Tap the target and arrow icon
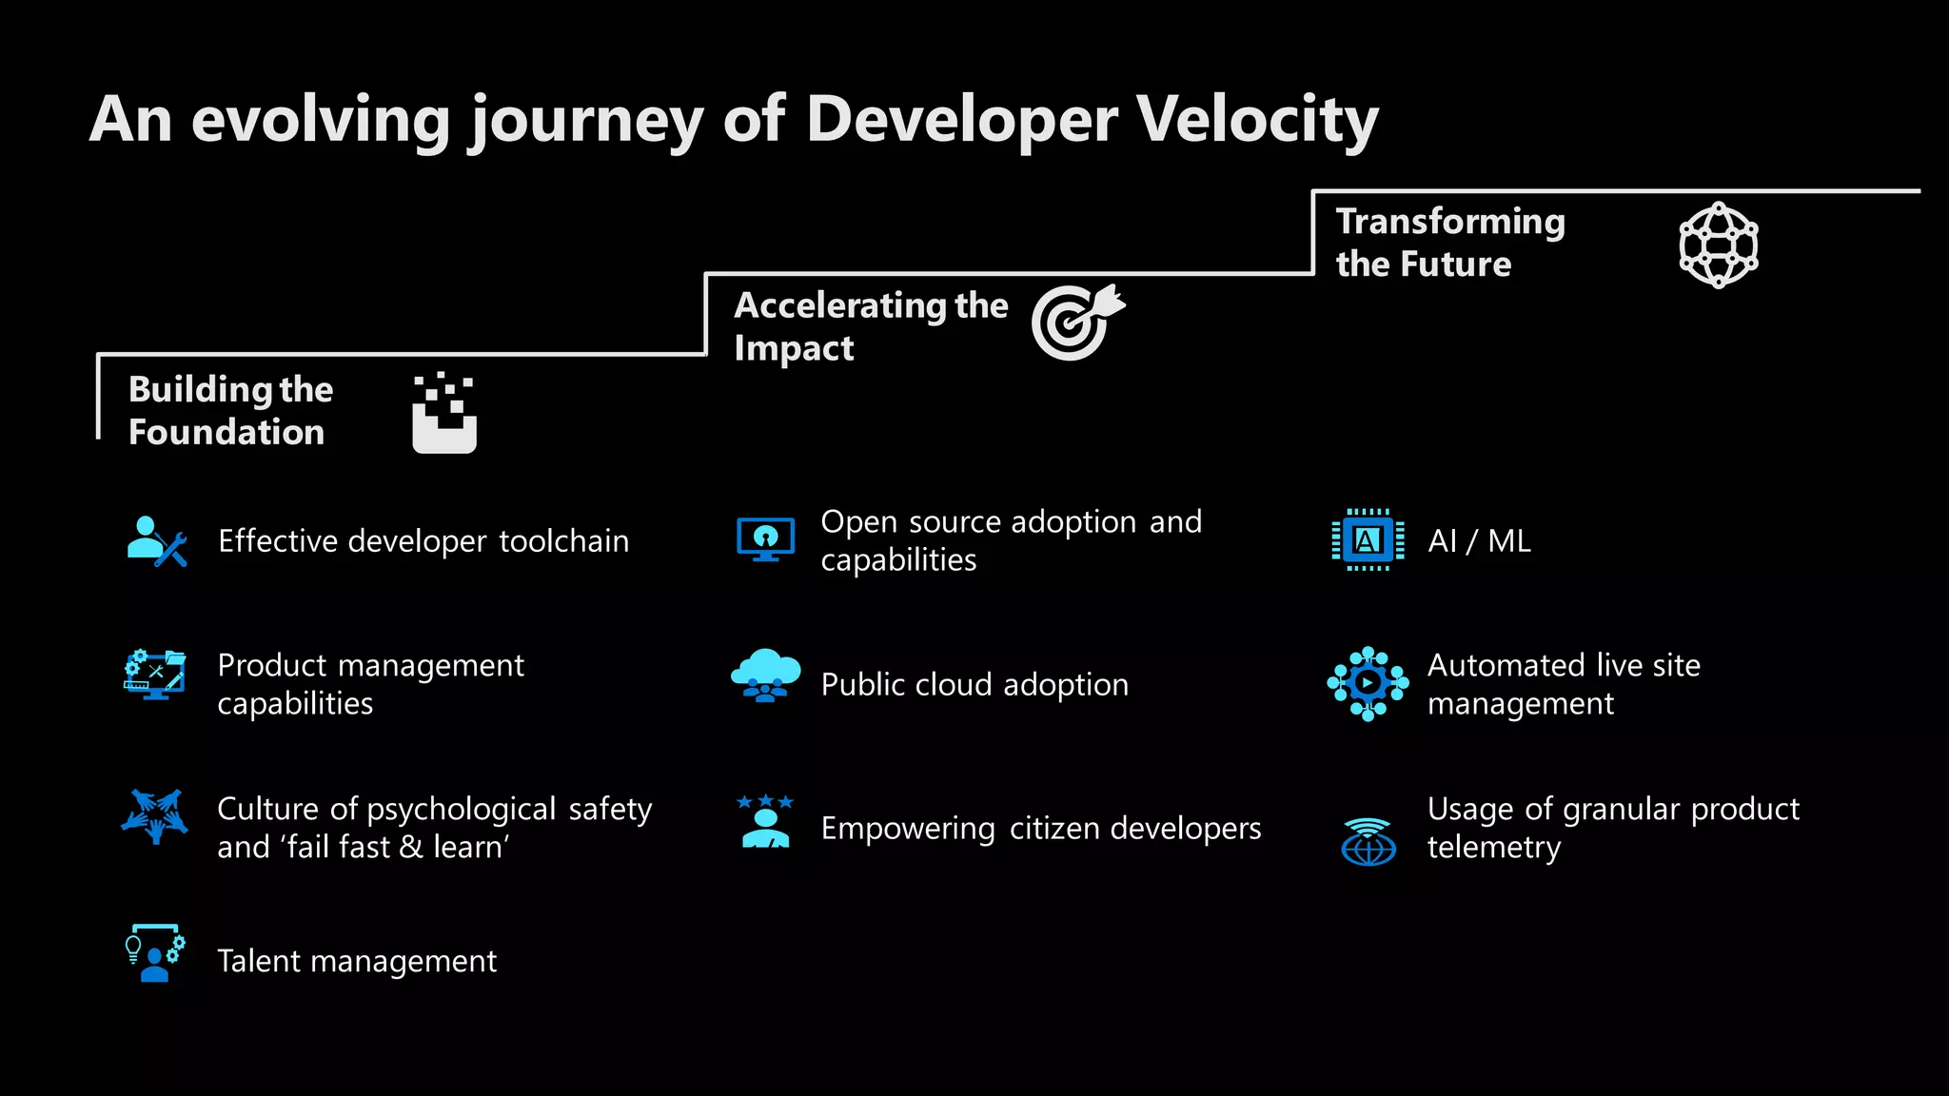pos(1076,322)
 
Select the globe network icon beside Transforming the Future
pos(1718,245)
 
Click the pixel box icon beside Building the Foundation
pos(443,413)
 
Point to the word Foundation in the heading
pos(226,433)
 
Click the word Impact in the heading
pos(794,349)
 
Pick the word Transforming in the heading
pos(1449,222)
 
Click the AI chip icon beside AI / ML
pos(1368,540)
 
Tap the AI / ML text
pos(1479,541)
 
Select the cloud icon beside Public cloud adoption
pos(765,675)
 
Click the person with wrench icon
pos(157,541)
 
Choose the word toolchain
pos(563,541)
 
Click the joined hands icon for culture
pos(154,816)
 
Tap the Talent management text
pos(357,962)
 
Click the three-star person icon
pos(765,821)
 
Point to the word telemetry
pos(1493,848)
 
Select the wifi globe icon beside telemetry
pos(1368,841)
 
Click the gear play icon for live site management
pos(1368,683)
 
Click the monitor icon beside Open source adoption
pos(765,539)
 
